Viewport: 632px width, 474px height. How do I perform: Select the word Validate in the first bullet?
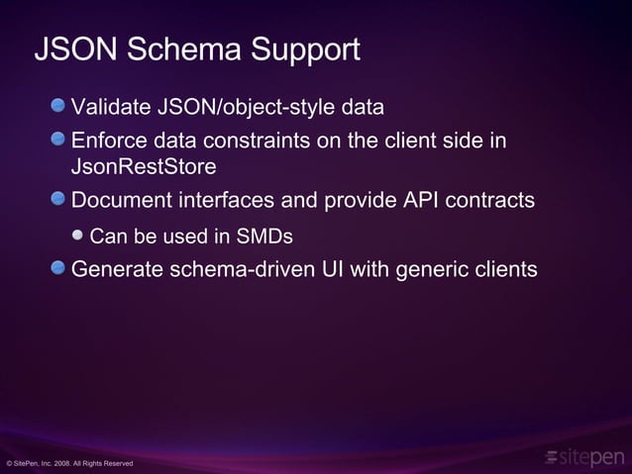tap(109, 107)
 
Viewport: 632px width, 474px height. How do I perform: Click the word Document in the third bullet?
tap(122, 201)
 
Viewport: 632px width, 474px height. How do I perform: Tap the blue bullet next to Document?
tap(61, 200)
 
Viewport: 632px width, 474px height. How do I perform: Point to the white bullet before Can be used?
tap(79, 236)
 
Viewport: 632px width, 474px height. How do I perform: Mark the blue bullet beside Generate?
tap(61, 268)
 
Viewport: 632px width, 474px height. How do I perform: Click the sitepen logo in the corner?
tap(585, 456)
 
